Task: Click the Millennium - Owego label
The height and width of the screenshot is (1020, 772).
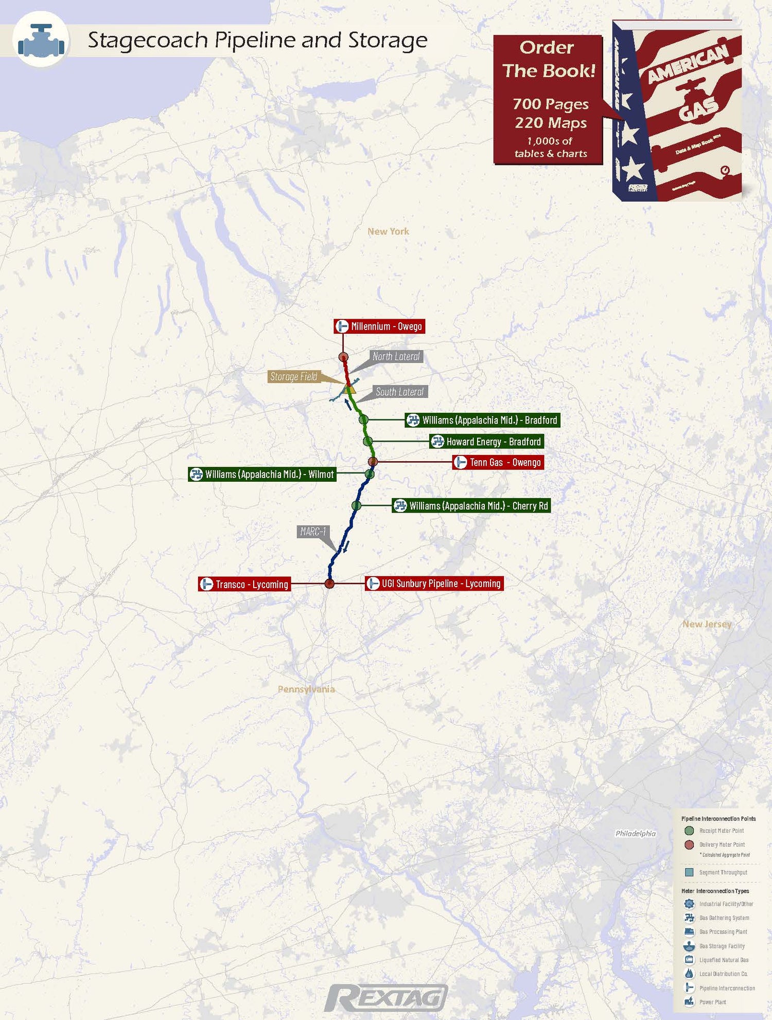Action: pyautogui.click(x=379, y=326)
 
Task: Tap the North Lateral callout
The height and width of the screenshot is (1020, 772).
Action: pyautogui.click(x=396, y=356)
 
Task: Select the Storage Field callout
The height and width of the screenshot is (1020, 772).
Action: pyautogui.click(x=294, y=377)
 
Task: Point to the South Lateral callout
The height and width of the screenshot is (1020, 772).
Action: pyautogui.click(x=399, y=392)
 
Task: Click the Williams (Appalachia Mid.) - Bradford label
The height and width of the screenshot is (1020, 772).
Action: pyautogui.click(x=482, y=420)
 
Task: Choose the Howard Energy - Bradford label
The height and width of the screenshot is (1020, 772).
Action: pyautogui.click(x=486, y=442)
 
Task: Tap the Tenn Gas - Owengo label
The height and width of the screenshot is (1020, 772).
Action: pyautogui.click(x=498, y=462)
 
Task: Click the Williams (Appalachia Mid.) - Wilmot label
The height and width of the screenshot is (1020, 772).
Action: pyautogui.click(x=262, y=474)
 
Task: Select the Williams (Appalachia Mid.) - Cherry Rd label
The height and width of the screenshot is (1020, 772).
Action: pyautogui.click(x=471, y=506)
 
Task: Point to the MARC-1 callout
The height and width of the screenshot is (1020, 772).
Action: pyautogui.click(x=313, y=532)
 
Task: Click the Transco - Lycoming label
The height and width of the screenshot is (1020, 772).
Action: pyautogui.click(x=244, y=584)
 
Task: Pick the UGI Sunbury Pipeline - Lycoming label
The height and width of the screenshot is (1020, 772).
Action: pyautogui.click(x=434, y=584)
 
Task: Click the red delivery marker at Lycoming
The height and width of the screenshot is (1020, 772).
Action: pyautogui.click(x=329, y=584)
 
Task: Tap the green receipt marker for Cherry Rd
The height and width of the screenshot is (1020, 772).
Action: pyautogui.click(x=356, y=506)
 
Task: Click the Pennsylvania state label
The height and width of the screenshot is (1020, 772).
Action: pyautogui.click(x=306, y=689)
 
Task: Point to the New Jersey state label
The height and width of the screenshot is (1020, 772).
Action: pyautogui.click(x=707, y=624)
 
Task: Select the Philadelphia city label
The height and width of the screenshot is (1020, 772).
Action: pyautogui.click(x=636, y=833)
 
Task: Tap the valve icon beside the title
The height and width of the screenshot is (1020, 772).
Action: pyautogui.click(x=41, y=40)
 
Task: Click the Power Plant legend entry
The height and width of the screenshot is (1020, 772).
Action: pyautogui.click(x=712, y=1002)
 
